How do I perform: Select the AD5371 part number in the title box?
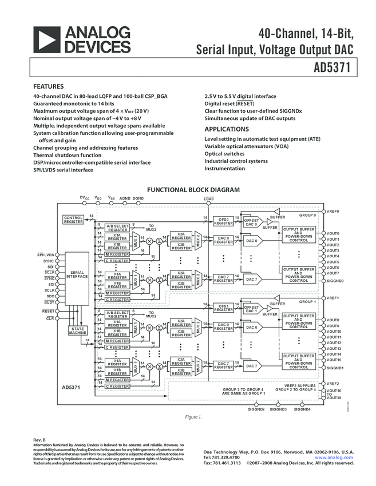[x=333, y=67]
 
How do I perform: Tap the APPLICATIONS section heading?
[x=227, y=129]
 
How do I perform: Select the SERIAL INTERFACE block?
[x=77, y=274]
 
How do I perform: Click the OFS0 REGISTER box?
[x=224, y=221]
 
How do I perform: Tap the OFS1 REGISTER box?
[x=224, y=308]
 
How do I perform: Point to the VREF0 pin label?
[x=333, y=212]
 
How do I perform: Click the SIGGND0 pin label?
[x=335, y=281]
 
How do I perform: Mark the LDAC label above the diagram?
[x=209, y=198]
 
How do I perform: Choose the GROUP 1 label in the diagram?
[x=307, y=301]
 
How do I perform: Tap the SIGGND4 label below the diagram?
[x=302, y=409]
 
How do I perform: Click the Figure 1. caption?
[x=193, y=417]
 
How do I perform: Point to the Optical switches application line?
[x=224, y=154]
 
